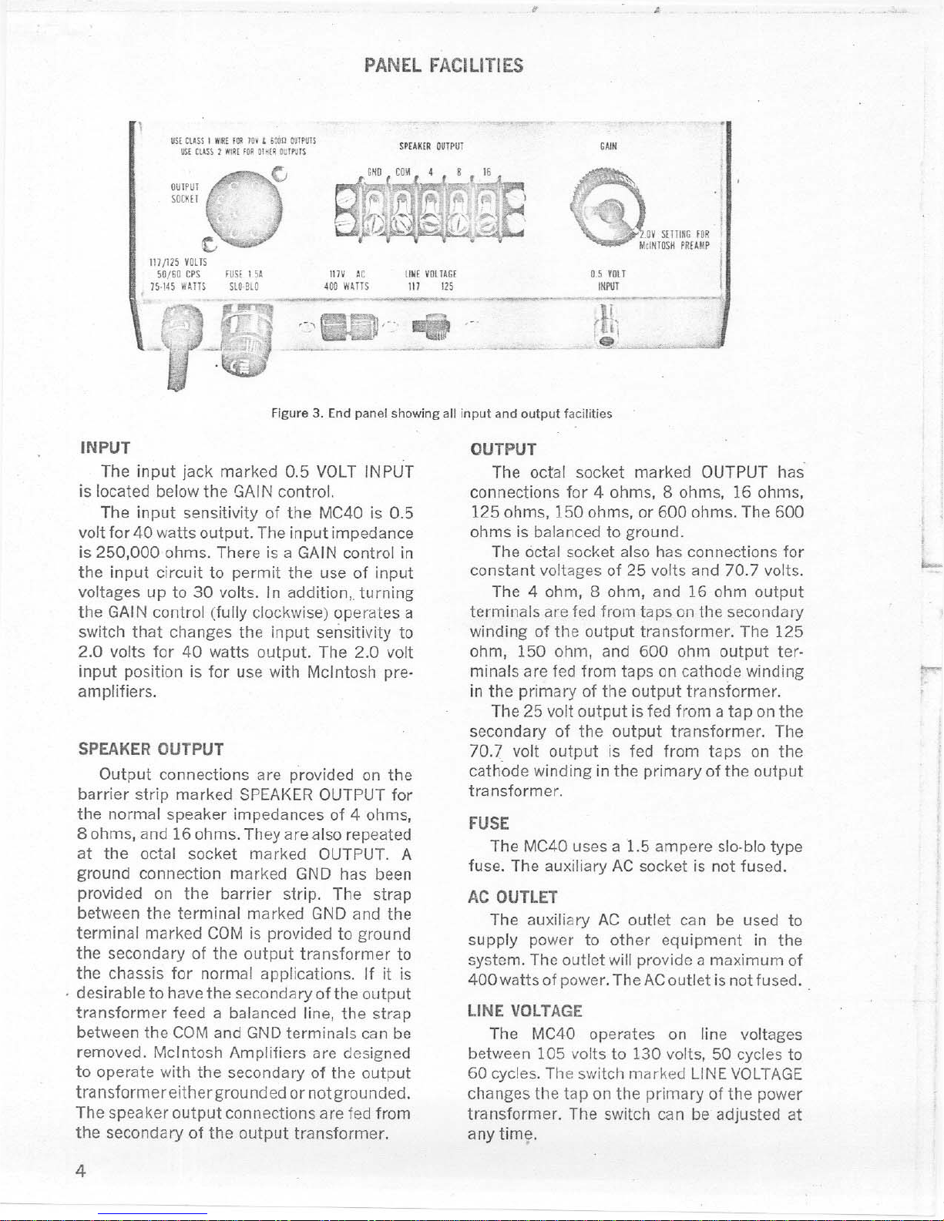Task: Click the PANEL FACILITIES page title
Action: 444,65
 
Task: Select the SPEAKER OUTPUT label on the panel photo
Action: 431,146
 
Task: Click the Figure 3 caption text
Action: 442,414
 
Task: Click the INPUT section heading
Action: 106,448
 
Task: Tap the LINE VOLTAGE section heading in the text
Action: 525,1011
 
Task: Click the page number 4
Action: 80,1172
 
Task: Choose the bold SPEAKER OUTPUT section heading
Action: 151,749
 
